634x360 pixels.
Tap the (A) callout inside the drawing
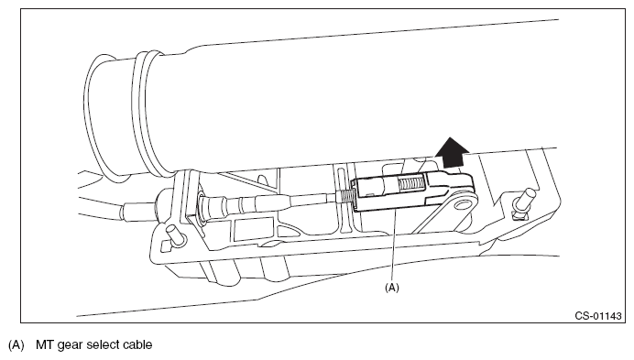[x=391, y=288]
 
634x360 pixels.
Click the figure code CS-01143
[x=598, y=315]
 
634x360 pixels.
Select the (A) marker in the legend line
[x=16, y=345]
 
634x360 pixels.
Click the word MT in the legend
[x=45, y=344]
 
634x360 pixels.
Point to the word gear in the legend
[x=70, y=346]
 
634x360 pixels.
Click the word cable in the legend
[x=137, y=344]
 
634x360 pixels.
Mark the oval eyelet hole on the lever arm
[x=462, y=205]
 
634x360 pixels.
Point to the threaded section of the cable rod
[x=345, y=196]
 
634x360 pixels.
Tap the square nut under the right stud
[x=519, y=214]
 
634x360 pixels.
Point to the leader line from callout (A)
[x=393, y=246]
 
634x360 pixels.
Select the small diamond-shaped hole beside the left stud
[x=165, y=246]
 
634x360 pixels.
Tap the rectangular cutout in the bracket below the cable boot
[x=254, y=229]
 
